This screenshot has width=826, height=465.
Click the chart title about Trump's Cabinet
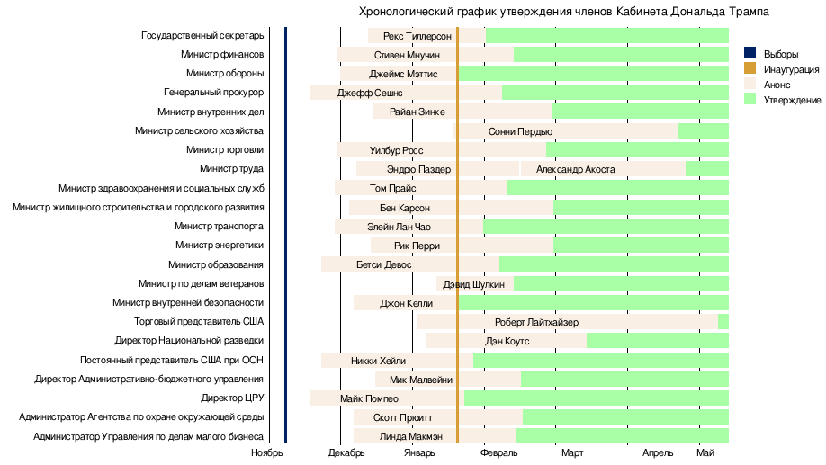point(564,12)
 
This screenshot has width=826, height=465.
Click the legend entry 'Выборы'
point(780,54)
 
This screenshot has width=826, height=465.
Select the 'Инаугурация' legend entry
point(791,69)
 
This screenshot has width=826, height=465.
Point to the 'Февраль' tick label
point(498,453)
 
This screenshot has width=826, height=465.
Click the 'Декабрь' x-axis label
point(346,453)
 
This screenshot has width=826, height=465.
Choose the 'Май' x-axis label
point(705,453)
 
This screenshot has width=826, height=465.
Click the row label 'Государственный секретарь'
point(202,36)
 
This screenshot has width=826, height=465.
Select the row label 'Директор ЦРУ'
point(232,398)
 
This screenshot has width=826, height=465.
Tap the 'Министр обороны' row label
point(225,74)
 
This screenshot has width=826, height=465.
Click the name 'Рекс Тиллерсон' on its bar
point(417,36)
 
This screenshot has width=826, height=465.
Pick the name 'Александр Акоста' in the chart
point(575,169)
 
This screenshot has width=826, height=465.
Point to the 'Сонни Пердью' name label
point(520,131)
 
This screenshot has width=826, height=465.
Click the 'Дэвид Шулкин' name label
point(473,284)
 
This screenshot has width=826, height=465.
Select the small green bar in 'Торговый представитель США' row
point(723,322)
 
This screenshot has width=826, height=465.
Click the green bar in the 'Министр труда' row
point(706,169)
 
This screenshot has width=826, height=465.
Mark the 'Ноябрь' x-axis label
point(267,453)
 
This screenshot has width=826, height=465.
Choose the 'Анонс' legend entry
point(777,84)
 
